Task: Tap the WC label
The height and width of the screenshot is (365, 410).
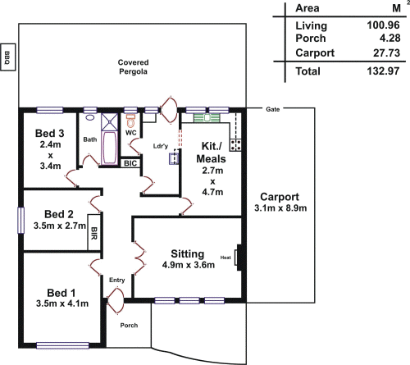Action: (130, 132)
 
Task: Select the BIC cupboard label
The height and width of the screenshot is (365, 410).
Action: (130, 163)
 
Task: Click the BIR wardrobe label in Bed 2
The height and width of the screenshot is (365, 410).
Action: (94, 234)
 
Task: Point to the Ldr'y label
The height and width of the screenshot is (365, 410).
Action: (161, 147)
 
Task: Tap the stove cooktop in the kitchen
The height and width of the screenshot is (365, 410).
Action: (236, 145)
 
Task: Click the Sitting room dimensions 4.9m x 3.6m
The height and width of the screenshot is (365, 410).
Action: (191, 266)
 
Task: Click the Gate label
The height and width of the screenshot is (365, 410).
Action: (274, 108)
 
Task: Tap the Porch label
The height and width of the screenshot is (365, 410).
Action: (129, 326)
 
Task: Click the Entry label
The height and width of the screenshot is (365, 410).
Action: (117, 281)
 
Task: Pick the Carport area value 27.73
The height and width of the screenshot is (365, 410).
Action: (384, 52)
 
